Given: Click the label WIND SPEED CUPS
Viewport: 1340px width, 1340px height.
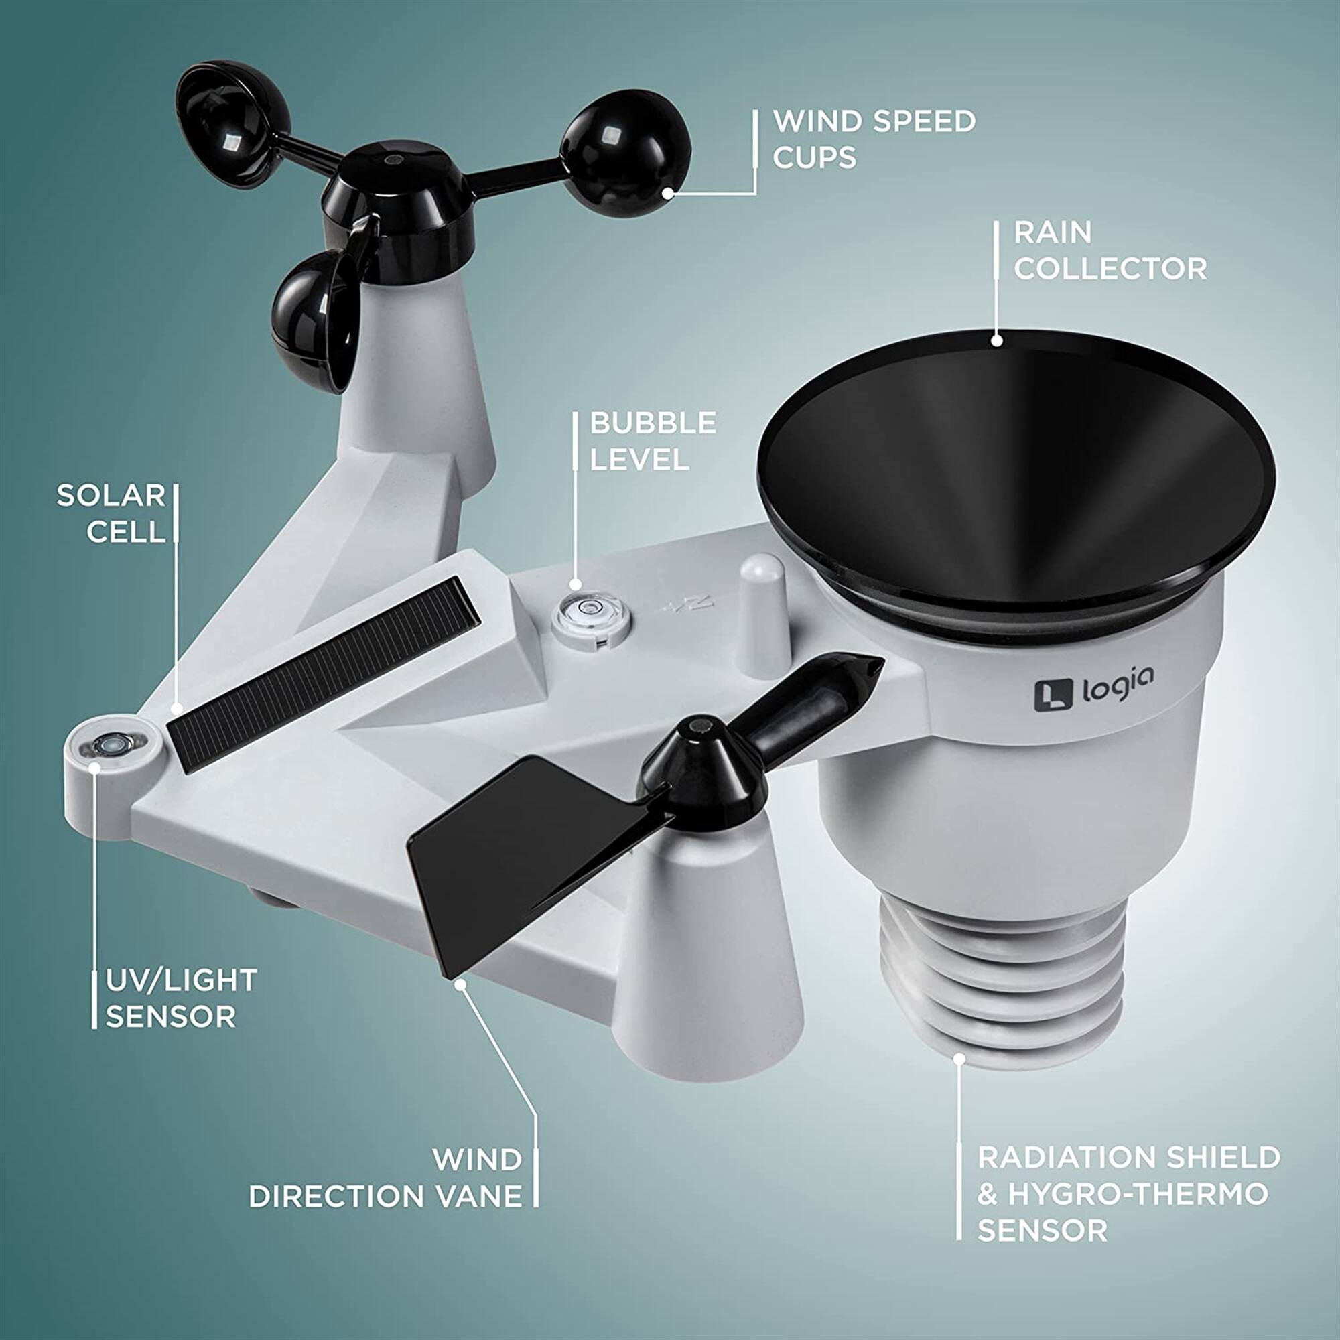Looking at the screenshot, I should [874, 139].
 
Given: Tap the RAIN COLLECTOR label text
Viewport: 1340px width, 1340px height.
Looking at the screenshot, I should [1110, 251].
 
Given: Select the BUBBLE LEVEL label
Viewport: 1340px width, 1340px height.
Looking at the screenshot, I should [653, 441].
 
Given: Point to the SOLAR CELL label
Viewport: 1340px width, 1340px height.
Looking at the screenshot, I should [111, 514].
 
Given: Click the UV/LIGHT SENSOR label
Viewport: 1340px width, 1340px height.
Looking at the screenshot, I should [181, 999].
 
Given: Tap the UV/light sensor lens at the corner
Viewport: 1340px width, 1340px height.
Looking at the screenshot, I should [110, 745].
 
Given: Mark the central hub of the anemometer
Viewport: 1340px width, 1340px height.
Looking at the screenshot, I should [393, 188].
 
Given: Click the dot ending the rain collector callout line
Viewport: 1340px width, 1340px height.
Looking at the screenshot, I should [997, 340].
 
